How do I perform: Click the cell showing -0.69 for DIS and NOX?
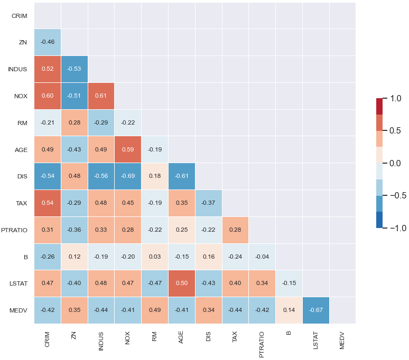pos(128,176)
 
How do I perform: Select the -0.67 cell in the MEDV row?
pos(315,310)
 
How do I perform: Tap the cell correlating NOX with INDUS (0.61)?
pos(101,96)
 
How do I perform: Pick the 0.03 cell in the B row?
pos(155,257)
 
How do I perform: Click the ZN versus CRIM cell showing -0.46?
pos(48,42)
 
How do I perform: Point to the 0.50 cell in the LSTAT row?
pos(181,283)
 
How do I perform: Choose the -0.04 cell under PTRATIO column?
pos(262,257)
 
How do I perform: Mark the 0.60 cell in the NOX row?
pos(48,96)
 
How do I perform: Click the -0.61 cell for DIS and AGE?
pos(181,176)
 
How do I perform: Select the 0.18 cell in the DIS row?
pos(155,176)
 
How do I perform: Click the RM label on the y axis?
pos(23,122)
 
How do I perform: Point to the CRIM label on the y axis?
pos(20,16)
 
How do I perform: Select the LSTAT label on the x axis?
pos(315,341)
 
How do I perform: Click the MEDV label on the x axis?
pos(342,340)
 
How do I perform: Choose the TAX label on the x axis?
pos(235,338)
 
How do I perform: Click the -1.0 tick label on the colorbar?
pos(394,228)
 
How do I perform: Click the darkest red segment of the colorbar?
pos(379,106)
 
